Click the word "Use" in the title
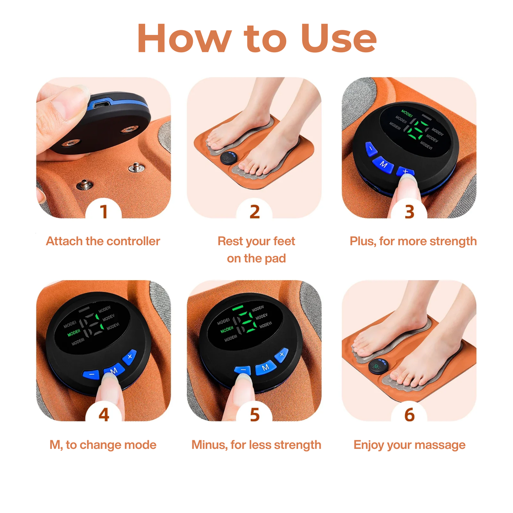point(339,38)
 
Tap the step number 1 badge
point(104,211)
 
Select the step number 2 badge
point(255,211)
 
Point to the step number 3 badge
point(409,211)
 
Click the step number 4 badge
point(104,415)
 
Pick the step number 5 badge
point(255,415)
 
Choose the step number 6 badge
point(409,415)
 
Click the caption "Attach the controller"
point(103,241)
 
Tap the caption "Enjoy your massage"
point(409,445)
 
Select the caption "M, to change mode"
point(103,445)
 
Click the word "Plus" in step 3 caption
point(362,241)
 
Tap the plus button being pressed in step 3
point(405,172)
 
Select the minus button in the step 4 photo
point(91,374)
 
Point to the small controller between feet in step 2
point(227,159)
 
